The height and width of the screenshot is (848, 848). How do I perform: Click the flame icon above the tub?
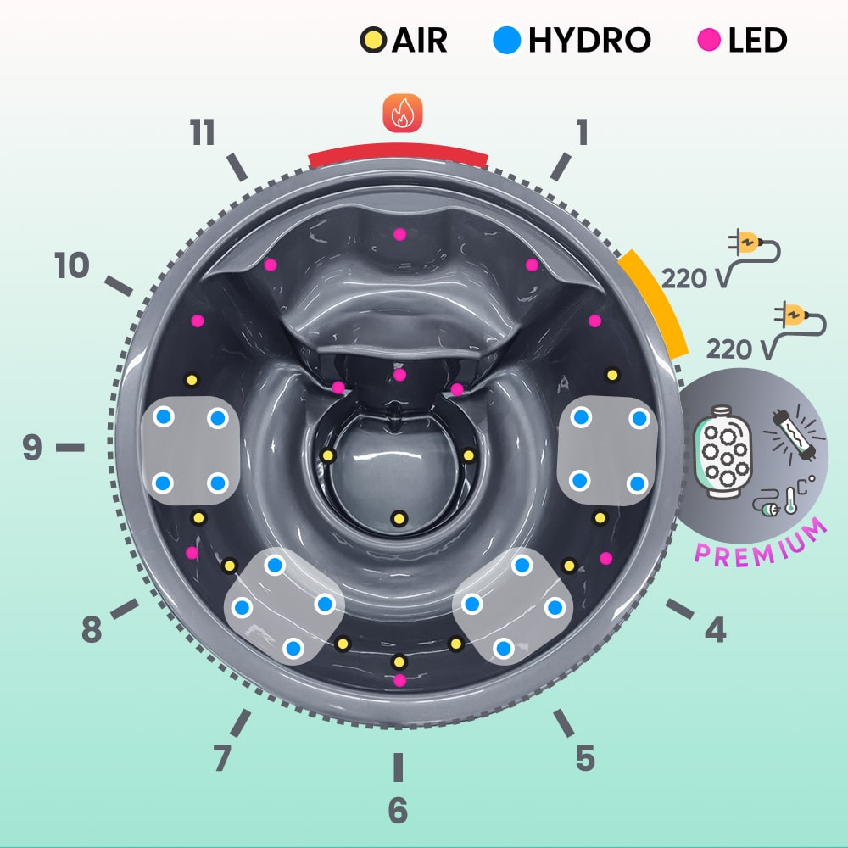pyautogui.click(x=402, y=114)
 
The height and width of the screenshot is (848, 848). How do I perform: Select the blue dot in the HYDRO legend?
pyautogui.click(x=507, y=40)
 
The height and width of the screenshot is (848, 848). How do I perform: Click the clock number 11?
pyautogui.click(x=203, y=133)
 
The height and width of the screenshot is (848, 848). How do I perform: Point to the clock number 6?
pyautogui.click(x=398, y=811)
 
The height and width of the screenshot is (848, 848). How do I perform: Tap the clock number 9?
pyautogui.click(x=32, y=447)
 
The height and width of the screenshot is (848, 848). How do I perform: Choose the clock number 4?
pyautogui.click(x=715, y=629)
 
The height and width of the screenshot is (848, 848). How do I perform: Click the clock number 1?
pyautogui.click(x=582, y=132)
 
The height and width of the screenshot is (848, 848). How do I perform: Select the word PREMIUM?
pyautogui.click(x=762, y=541)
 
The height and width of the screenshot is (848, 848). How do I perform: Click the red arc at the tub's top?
pyautogui.click(x=399, y=155)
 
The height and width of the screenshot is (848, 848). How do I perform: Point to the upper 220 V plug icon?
pyautogui.click(x=752, y=246)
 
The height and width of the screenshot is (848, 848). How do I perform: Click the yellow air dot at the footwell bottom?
pyautogui.click(x=399, y=517)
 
